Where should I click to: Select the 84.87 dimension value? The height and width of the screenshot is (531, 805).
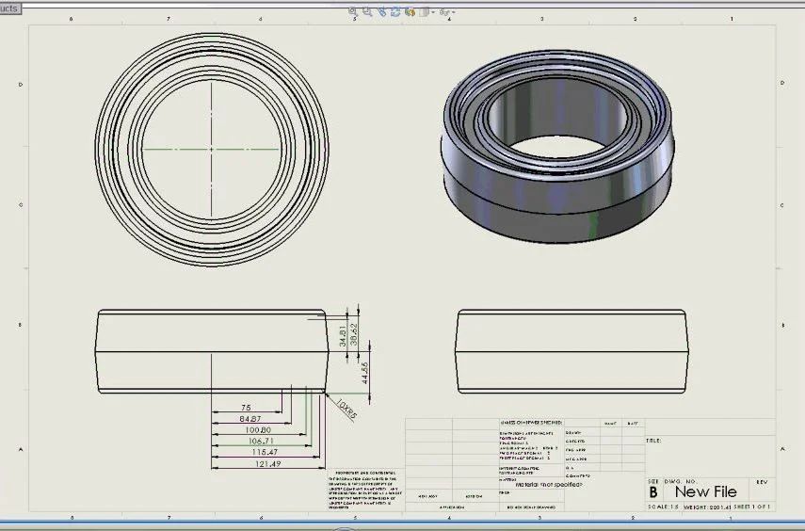click(250, 419)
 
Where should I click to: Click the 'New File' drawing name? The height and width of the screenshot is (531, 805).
click(705, 491)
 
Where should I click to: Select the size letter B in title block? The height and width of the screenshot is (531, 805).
click(653, 491)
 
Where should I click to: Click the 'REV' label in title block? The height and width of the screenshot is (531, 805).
click(763, 481)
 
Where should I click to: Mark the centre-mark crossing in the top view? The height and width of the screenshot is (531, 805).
click(213, 150)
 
